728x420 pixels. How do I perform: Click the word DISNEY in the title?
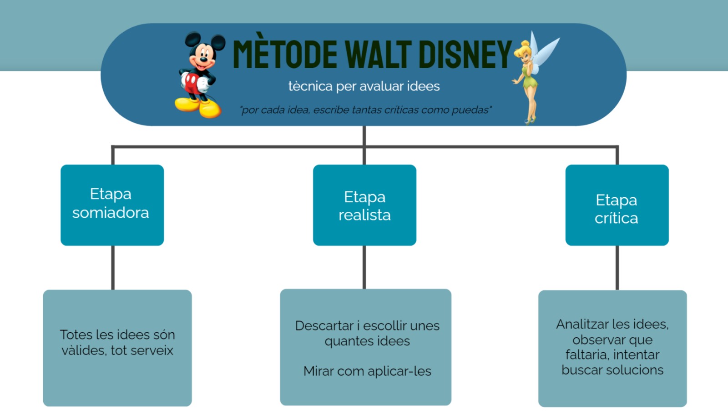[465, 54]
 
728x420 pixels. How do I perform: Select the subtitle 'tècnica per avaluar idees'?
[364, 86]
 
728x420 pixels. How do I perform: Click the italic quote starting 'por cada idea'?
[366, 110]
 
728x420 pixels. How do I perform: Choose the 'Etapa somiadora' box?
[112, 205]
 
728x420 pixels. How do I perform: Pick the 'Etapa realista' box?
[364, 205]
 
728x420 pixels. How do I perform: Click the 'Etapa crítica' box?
[617, 205]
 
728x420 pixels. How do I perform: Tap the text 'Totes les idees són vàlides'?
[117, 342]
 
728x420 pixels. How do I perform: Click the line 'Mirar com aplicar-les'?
[367, 371]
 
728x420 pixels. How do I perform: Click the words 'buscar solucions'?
[612, 370]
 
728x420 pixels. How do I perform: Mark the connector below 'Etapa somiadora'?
[113, 267]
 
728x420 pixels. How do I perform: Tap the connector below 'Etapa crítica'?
[617, 268]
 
